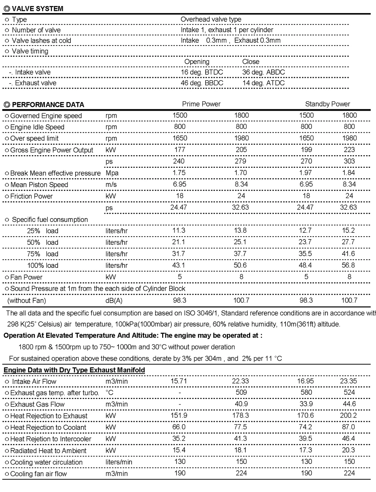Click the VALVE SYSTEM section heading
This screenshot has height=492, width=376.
tap(37, 9)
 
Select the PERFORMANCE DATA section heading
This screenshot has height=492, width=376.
tap(48, 105)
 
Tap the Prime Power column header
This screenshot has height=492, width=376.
tap(201, 104)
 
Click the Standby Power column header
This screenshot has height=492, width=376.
tap(327, 104)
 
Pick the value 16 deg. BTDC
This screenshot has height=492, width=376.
tap(202, 72)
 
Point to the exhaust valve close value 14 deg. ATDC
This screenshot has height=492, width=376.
tap(263, 83)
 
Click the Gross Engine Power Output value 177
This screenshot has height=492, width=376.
tap(180, 150)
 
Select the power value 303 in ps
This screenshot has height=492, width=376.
tap(349, 161)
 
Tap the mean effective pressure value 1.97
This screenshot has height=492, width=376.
tap(306, 173)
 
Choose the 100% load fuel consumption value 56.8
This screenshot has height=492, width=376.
tap(348, 265)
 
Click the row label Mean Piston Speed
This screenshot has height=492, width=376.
tap(39, 185)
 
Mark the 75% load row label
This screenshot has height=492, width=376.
tap(42, 254)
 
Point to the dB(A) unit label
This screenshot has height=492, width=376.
tap(114, 300)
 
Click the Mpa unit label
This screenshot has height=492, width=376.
tap(112, 173)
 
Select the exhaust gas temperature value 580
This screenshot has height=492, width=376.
tap(306, 392)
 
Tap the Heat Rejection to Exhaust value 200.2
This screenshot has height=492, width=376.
tap(348, 415)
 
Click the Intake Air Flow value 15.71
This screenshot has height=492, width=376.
tap(178, 381)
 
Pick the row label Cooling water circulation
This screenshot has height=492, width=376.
tap(46, 462)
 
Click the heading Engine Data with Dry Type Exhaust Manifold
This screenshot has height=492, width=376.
tap(74, 370)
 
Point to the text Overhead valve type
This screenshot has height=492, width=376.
tap(211, 19)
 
